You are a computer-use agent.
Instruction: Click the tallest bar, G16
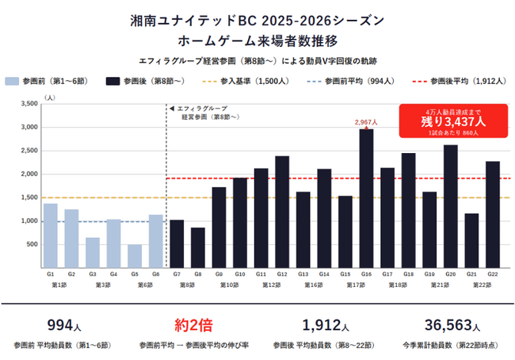click(x=366, y=198)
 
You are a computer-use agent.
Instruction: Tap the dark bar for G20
click(x=450, y=206)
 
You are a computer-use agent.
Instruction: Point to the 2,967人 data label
click(x=366, y=122)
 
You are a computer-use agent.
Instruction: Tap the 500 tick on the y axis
click(x=32, y=244)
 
